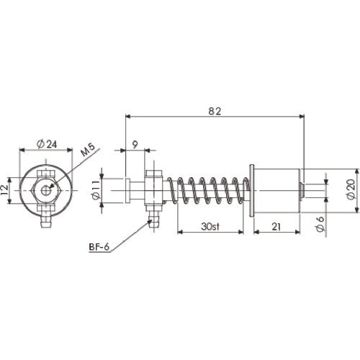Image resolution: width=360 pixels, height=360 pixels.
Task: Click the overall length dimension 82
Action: (x=215, y=111)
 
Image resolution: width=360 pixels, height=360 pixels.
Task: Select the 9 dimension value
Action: (x=135, y=145)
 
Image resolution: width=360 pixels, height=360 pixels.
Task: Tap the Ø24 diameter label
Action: (x=47, y=144)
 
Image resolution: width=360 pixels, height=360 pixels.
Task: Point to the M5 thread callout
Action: (x=88, y=150)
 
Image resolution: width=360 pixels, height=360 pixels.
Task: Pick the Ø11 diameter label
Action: (x=96, y=191)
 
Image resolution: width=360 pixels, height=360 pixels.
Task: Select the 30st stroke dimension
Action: (x=210, y=227)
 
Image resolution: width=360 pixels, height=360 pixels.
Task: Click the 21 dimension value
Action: (x=276, y=227)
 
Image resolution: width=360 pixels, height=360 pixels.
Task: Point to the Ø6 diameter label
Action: (x=320, y=225)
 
